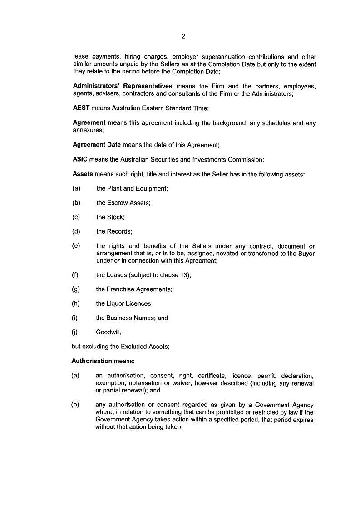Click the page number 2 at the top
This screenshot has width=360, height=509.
183,37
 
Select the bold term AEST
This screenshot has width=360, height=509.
80,108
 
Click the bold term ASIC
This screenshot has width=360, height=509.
79,160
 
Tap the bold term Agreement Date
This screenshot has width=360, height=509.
97,145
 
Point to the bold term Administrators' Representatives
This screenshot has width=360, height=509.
123,86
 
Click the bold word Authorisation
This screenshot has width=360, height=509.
92,361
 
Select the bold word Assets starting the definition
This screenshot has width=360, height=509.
83,174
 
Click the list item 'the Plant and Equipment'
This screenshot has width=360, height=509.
132,189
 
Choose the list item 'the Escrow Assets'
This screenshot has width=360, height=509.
123,203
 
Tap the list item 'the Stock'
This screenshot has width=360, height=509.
110,217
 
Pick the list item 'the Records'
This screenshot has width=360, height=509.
114,232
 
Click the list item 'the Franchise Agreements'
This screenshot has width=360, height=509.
134,289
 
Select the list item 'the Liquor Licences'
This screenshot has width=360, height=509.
123,303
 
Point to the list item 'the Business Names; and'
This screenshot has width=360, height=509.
132,318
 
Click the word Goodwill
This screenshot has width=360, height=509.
108,333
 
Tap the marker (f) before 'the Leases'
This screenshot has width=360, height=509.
75,275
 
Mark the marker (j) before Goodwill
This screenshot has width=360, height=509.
75,333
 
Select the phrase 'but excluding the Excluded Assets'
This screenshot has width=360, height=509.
120,347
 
